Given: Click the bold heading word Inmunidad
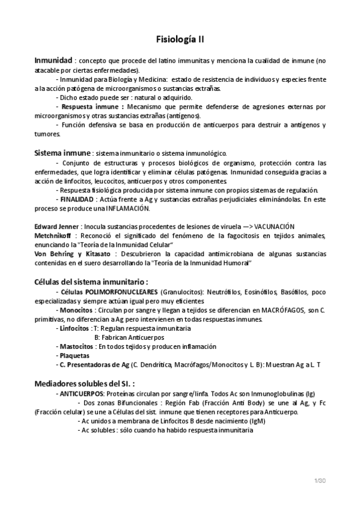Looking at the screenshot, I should tap(53, 61).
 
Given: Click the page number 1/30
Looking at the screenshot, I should tap(319, 480).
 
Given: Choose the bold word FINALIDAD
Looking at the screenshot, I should tap(76, 198).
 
